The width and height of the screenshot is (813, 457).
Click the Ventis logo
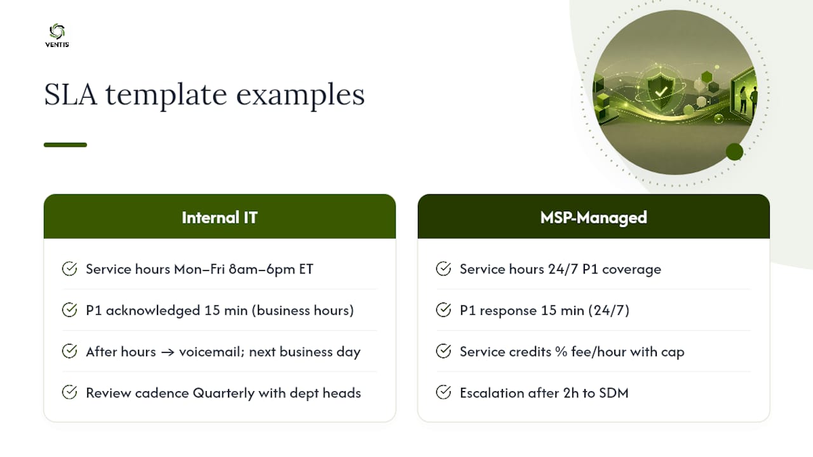pos(57,36)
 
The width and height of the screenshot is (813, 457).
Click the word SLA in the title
pos(71,95)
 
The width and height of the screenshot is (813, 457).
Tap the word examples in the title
pos(300,95)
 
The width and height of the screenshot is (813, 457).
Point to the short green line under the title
pos(65,145)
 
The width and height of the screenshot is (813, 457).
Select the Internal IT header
pos(220,216)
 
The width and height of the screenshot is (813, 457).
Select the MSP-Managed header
pos(593,216)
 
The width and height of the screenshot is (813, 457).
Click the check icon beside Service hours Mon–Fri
pos(69,268)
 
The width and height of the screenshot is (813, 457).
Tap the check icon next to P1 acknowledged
pos(69,310)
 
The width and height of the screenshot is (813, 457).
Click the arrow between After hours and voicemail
pos(167,352)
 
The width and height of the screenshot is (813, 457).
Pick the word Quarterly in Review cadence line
pos(224,393)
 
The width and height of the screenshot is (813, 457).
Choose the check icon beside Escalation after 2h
pos(443,392)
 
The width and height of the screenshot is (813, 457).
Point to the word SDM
pos(614,393)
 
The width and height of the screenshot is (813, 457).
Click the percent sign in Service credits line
pos(561,352)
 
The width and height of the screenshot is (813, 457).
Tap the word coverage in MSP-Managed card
pos(631,270)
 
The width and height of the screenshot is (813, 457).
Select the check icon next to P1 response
pos(443,310)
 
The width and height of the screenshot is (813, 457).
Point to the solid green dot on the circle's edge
pos(735,152)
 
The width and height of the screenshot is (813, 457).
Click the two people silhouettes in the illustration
pos(748,99)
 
